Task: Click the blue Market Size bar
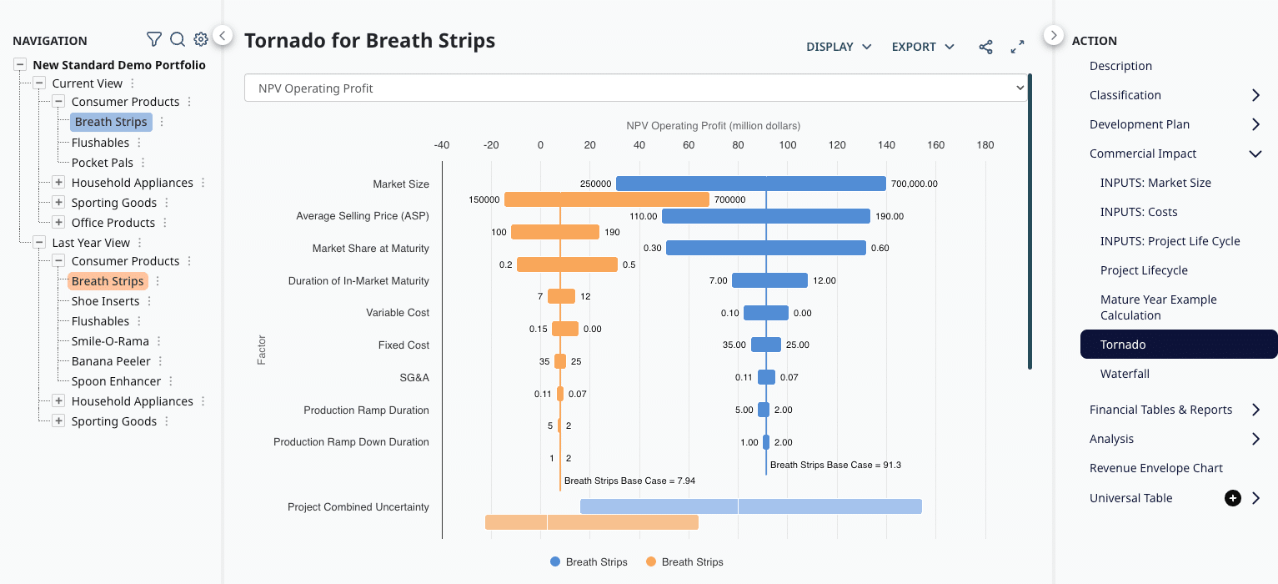click(x=750, y=184)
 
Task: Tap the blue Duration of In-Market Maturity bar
click(x=769, y=280)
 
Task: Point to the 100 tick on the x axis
click(x=787, y=145)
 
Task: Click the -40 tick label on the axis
click(x=441, y=145)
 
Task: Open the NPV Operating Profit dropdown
click(x=635, y=88)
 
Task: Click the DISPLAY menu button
click(x=838, y=47)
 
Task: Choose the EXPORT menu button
click(x=923, y=47)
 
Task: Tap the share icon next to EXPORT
click(x=985, y=47)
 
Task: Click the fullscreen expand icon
click(x=1017, y=47)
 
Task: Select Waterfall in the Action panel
click(x=1125, y=374)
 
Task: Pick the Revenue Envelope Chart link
click(x=1155, y=468)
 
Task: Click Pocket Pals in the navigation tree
click(x=102, y=163)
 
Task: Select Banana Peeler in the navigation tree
click(x=111, y=361)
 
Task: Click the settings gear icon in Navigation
click(x=200, y=39)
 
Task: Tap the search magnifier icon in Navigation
click(x=177, y=39)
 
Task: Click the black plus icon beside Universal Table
click(x=1232, y=498)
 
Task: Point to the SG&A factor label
click(x=414, y=378)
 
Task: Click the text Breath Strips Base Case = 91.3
click(x=835, y=465)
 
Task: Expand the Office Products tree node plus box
click(x=58, y=223)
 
